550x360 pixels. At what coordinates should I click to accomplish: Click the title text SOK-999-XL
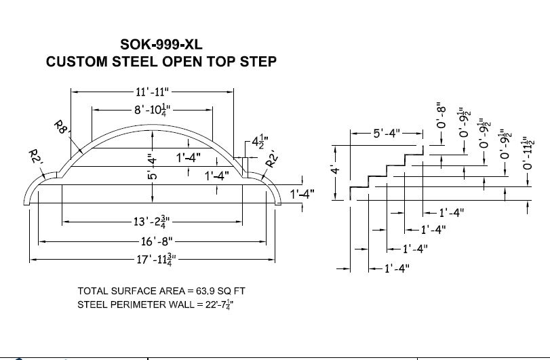click(161, 45)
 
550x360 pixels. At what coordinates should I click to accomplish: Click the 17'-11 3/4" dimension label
click(154, 258)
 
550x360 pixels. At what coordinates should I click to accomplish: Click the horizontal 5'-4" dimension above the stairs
click(387, 134)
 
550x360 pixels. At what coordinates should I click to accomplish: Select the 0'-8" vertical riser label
click(442, 116)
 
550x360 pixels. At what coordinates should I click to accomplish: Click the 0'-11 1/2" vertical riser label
click(527, 151)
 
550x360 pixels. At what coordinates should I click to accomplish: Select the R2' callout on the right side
click(271, 160)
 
